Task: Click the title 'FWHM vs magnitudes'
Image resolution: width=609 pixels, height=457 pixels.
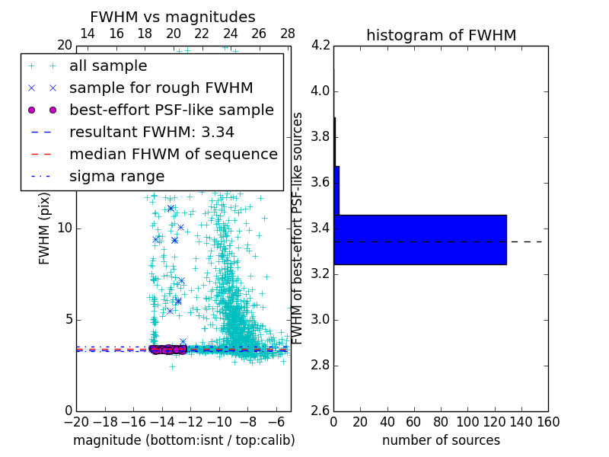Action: [x=173, y=17]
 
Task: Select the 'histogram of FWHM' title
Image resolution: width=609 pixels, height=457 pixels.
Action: [x=441, y=35]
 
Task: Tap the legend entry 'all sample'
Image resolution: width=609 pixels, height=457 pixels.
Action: [x=108, y=66]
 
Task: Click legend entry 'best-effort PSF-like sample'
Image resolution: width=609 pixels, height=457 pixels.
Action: [x=171, y=110]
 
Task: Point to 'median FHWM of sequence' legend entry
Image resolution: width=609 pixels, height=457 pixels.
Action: [x=174, y=154]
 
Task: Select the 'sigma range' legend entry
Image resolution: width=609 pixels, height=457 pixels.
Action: [x=116, y=176]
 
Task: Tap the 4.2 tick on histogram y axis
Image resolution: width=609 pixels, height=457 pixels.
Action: [x=320, y=46]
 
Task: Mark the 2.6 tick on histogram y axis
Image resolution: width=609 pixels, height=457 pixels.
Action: [x=320, y=411]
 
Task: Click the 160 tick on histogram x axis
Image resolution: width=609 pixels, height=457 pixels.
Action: [x=548, y=422]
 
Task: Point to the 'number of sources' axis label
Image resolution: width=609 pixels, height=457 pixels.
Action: [x=441, y=440]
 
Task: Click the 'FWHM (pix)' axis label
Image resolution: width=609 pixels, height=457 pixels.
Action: [x=45, y=228]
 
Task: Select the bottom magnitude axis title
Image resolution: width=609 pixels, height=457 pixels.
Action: [x=183, y=440]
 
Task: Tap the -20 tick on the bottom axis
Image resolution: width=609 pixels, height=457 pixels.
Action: [x=76, y=422]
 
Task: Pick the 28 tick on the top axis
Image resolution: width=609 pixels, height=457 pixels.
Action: [x=288, y=34]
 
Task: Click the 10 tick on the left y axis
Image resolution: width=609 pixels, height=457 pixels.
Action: [x=64, y=228]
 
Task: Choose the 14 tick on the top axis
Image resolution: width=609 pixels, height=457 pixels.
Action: [x=88, y=34]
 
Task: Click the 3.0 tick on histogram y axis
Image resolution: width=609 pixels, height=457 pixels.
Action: [x=320, y=319]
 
